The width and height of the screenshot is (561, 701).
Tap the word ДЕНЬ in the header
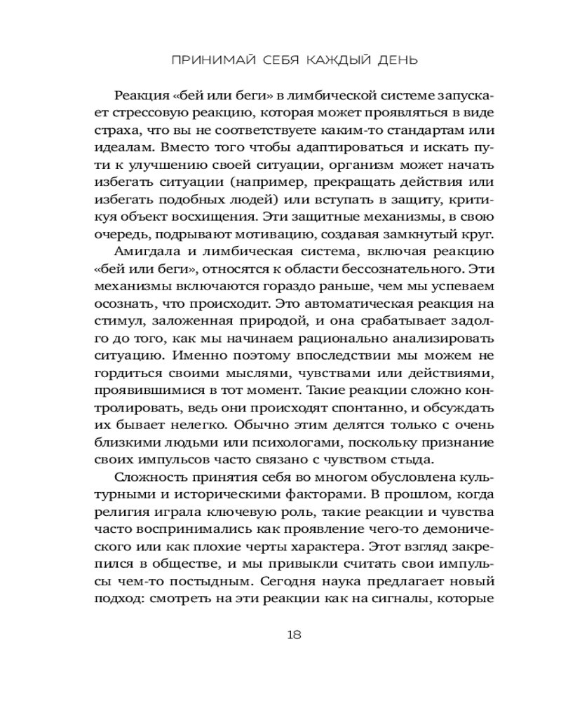click(393, 60)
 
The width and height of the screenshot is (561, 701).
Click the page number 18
click(295, 635)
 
